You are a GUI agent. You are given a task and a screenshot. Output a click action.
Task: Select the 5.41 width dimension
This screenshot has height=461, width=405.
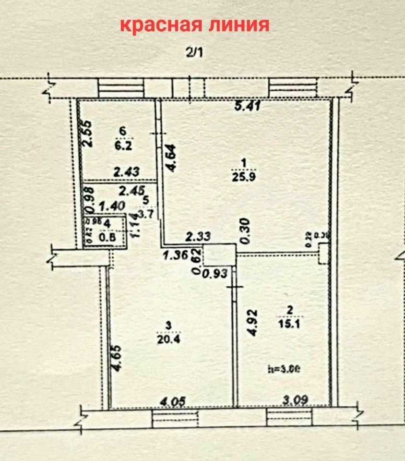(248, 106)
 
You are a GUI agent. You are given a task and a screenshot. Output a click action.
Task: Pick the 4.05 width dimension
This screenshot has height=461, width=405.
(171, 400)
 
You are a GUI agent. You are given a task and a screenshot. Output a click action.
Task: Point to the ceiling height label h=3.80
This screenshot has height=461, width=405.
(285, 369)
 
